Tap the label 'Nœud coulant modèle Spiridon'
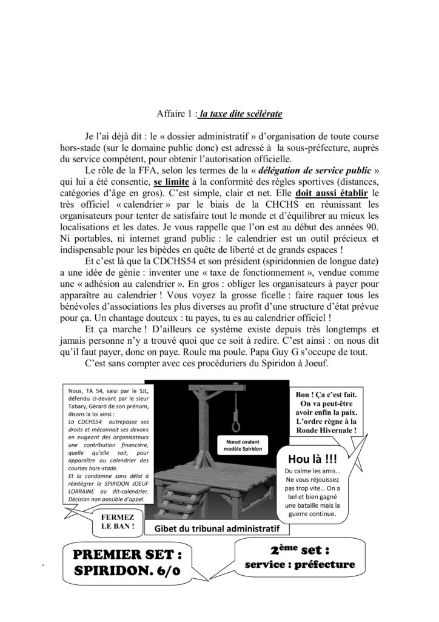point(245,445)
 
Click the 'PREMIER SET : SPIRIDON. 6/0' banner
point(129,562)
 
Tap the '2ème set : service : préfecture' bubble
point(300,558)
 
